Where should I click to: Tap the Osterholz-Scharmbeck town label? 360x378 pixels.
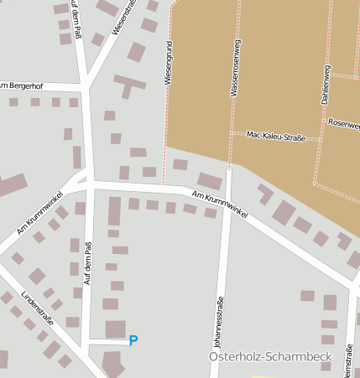point(269,358)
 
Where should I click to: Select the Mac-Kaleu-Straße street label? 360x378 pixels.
point(276,134)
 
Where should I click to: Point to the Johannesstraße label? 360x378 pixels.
point(218,323)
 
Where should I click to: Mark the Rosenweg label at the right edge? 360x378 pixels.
point(344,124)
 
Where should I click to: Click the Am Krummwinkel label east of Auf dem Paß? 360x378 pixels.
point(219,205)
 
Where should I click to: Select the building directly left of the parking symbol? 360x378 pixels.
point(115,329)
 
